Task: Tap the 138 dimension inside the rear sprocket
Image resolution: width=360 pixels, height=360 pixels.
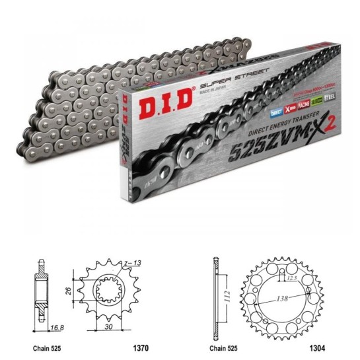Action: click(283, 299)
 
